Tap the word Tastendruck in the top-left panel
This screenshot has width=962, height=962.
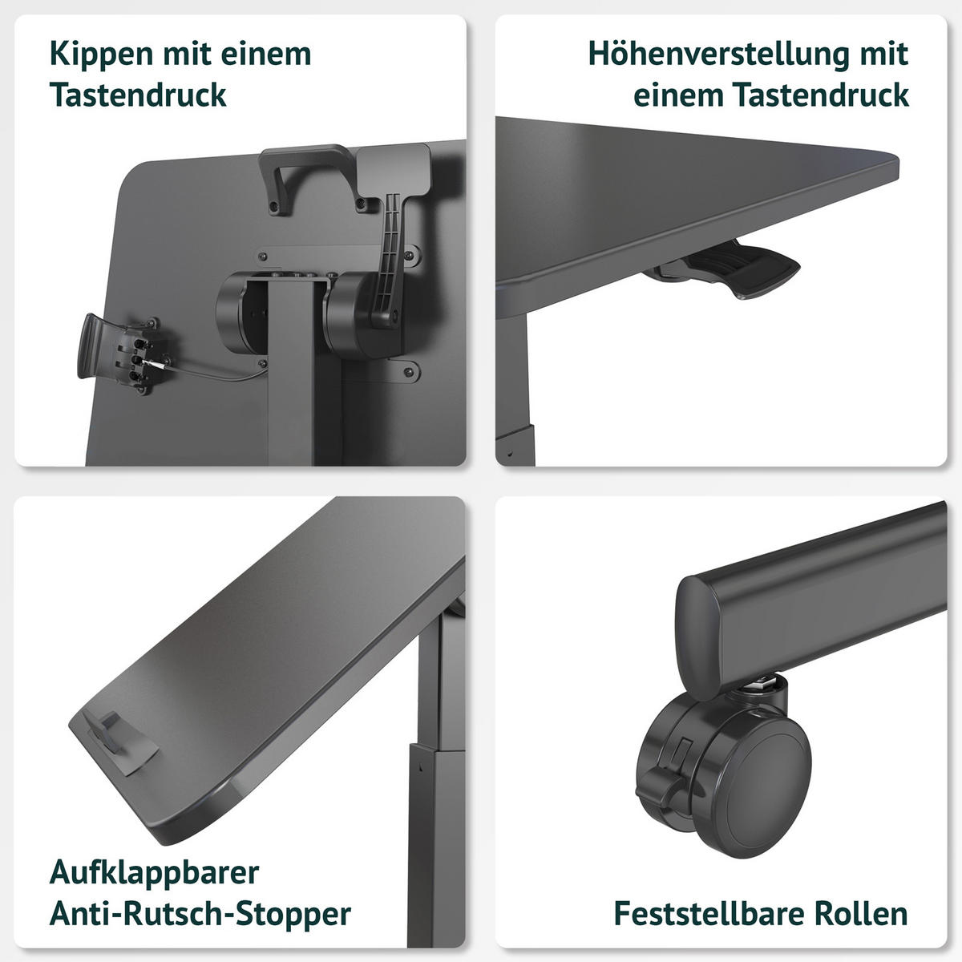(138, 95)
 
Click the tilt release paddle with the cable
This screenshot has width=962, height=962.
(123, 353)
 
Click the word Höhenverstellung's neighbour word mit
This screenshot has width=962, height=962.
(883, 54)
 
